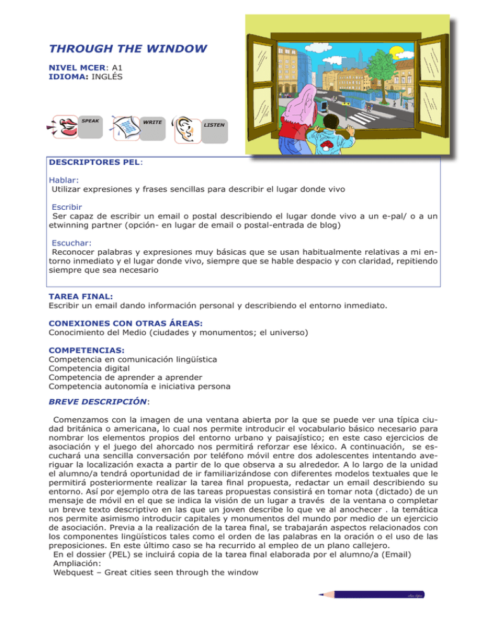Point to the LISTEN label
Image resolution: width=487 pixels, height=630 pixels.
pos(213,125)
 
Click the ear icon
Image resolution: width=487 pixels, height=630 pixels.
pos(185,129)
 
